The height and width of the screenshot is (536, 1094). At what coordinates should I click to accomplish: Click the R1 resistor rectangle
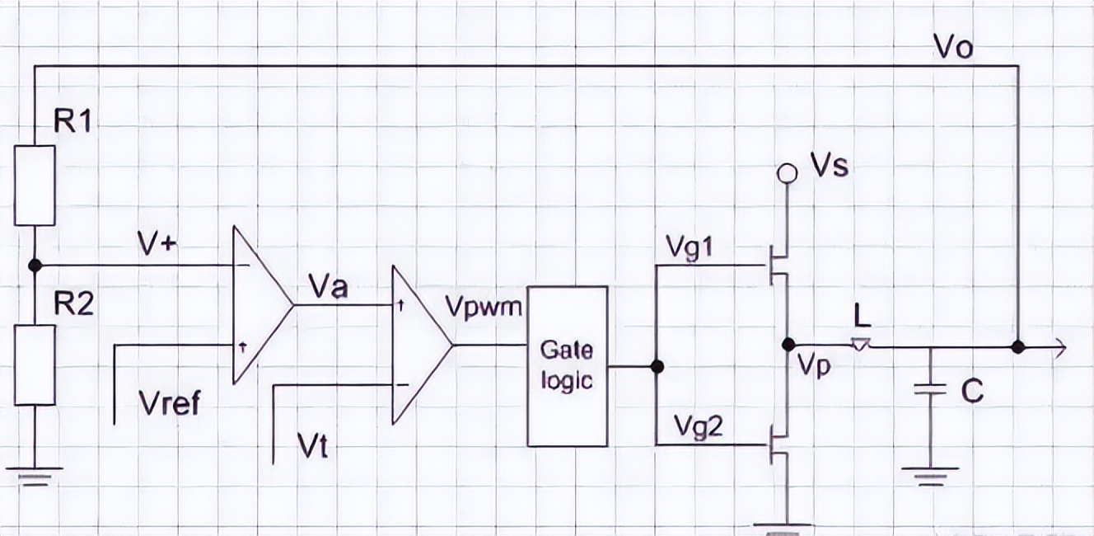(35, 186)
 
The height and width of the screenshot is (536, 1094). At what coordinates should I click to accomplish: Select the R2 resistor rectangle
(35, 364)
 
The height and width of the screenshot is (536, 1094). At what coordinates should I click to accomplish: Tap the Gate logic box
(568, 366)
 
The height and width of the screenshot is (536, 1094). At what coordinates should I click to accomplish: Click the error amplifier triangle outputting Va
(260, 304)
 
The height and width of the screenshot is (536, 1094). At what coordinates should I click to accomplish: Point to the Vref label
(170, 404)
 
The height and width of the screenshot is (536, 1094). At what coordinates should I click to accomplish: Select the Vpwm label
(484, 308)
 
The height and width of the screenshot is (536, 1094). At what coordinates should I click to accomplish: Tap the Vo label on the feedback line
(954, 47)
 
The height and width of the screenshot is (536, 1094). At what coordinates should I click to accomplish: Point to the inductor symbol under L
(860, 345)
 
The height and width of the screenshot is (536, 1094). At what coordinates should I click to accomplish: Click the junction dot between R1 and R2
(35, 266)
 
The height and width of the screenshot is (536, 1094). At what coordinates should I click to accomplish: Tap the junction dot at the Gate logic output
(657, 366)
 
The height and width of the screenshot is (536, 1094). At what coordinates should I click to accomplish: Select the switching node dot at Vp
(788, 344)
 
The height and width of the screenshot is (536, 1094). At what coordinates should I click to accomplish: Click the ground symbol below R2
(35, 476)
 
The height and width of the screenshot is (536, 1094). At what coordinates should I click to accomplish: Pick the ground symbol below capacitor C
(930, 475)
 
